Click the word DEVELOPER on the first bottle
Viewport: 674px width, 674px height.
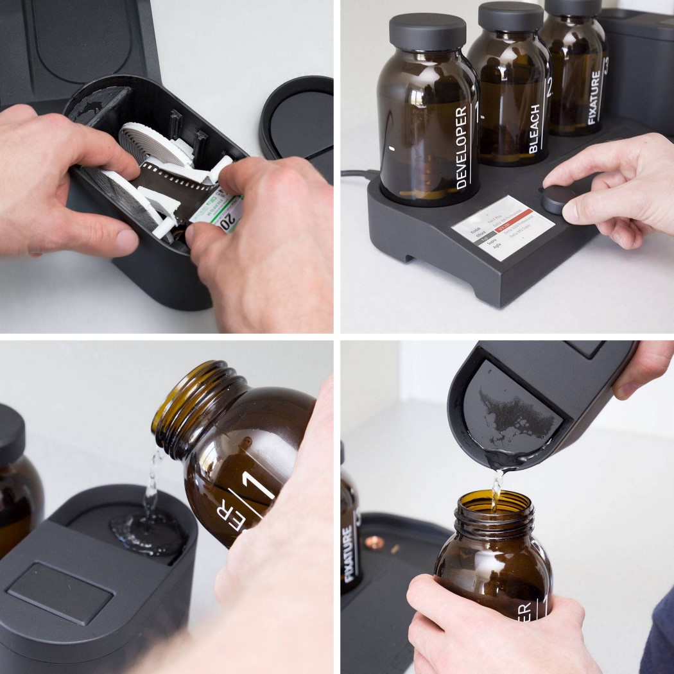tap(461, 148)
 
